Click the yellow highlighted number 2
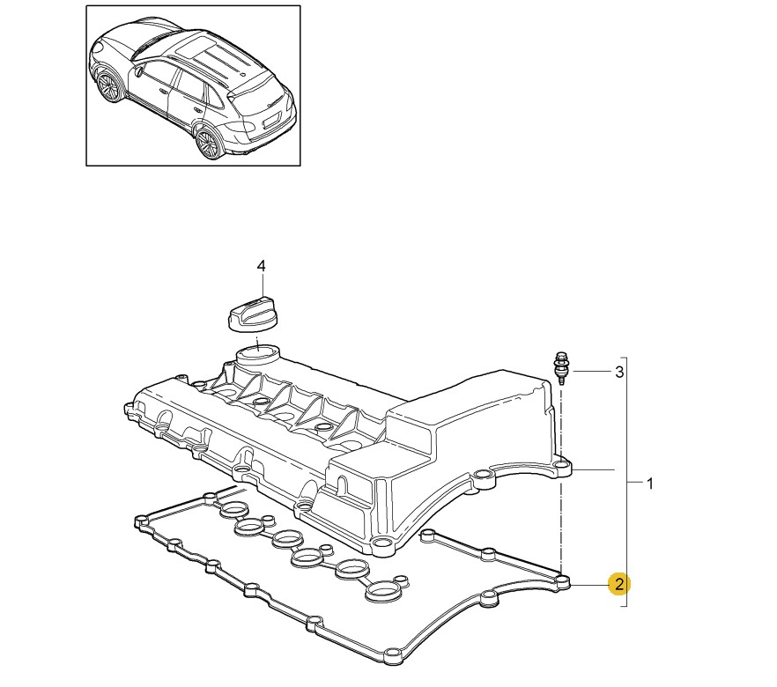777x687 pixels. click(x=619, y=585)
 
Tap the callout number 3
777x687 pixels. click(x=619, y=372)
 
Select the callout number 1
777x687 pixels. click(x=649, y=483)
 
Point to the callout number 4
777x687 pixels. click(x=261, y=266)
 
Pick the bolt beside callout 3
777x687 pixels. click(x=561, y=368)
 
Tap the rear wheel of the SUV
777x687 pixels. click(x=207, y=143)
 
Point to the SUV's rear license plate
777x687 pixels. click(x=270, y=121)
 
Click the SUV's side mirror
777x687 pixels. click(x=138, y=72)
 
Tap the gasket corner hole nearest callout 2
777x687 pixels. click(x=562, y=581)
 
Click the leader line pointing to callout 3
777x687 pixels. click(x=591, y=371)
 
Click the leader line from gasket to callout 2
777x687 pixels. click(x=589, y=585)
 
